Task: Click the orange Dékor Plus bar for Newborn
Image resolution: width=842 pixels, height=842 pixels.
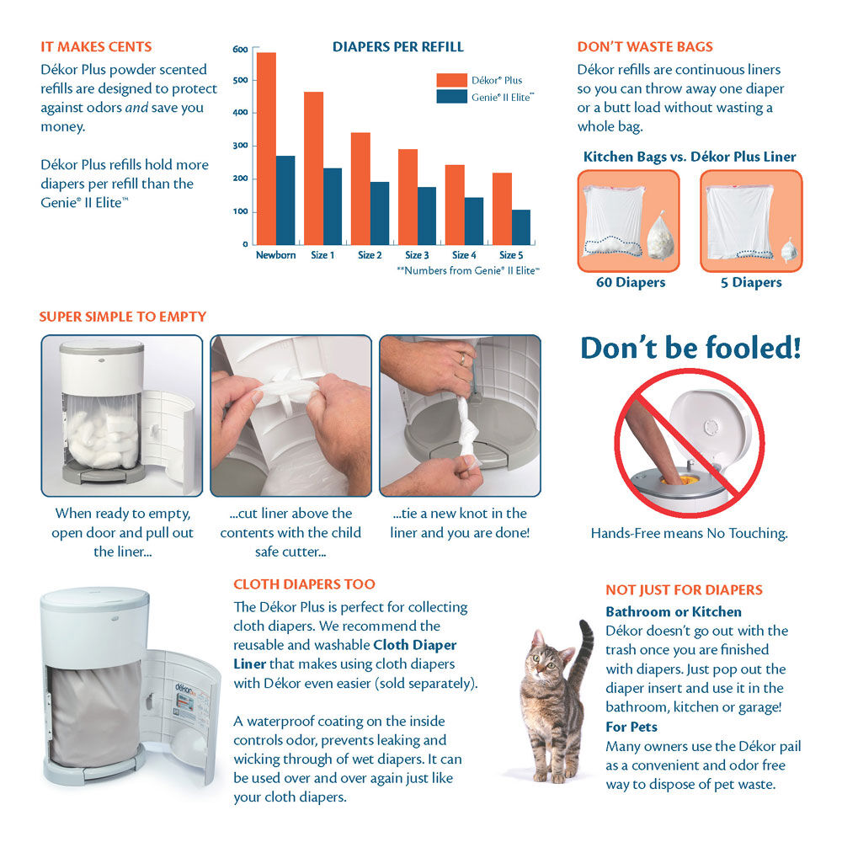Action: tap(266, 148)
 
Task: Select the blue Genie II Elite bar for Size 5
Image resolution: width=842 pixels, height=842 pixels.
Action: tap(521, 227)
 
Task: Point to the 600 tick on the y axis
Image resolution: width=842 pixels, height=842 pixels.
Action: tap(240, 50)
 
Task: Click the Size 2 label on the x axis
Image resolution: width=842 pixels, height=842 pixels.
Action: tap(370, 255)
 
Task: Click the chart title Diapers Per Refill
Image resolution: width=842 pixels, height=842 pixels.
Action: tap(397, 46)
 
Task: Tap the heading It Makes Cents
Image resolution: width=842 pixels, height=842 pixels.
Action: tap(96, 46)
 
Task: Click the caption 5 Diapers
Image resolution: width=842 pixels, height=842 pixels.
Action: tap(751, 283)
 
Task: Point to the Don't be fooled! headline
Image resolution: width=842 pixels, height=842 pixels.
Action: tap(690, 349)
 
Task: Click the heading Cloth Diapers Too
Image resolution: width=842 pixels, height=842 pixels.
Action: tap(304, 584)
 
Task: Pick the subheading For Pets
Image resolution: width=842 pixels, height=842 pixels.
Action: tap(631, 727)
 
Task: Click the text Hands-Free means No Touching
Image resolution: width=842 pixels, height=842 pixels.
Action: tap(689, 533)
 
